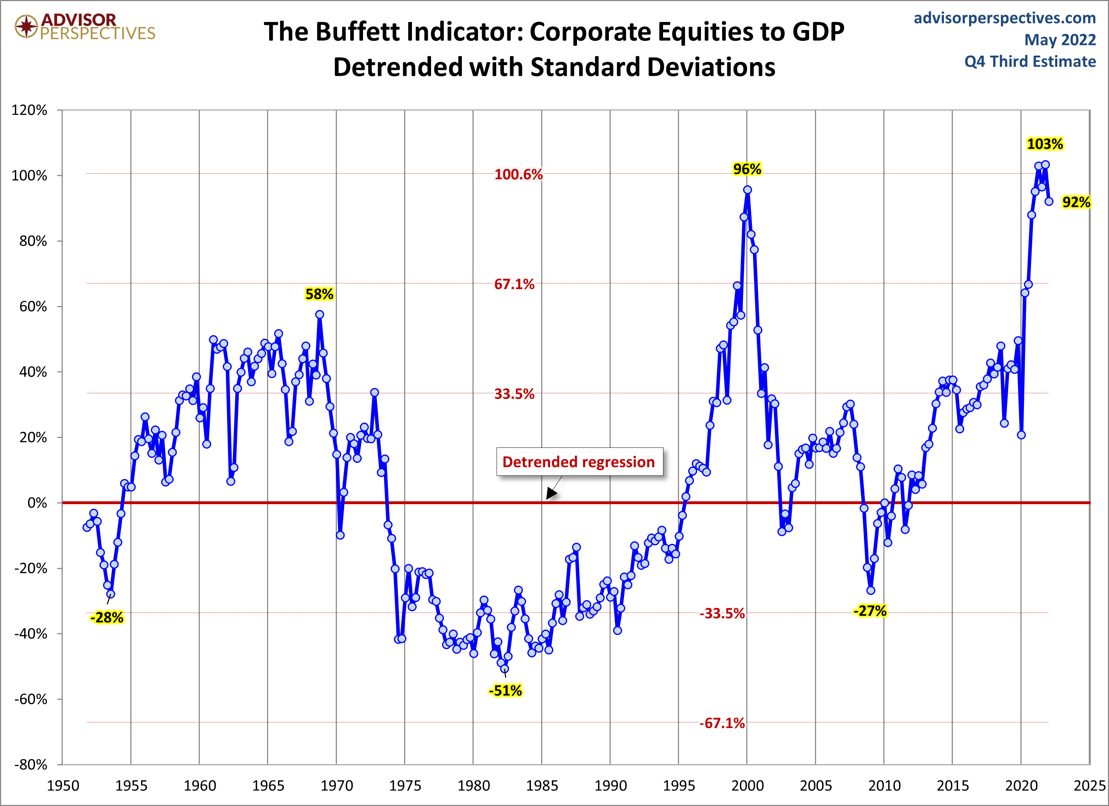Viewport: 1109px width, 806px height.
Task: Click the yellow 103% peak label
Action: click(1045, 144)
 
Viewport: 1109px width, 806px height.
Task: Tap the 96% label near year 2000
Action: click(747, 169)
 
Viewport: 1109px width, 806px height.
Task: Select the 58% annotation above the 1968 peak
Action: click(319, 294)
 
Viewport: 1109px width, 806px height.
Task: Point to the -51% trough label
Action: click(505, 691)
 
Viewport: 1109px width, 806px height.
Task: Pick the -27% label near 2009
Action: click(870, 611)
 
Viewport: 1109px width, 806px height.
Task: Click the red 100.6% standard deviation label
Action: click(518, 175)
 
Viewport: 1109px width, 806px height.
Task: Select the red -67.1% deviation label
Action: click(722, 723)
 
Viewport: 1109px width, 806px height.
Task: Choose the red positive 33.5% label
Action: click(514, 394)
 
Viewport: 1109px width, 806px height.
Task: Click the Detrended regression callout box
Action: click(579, 462)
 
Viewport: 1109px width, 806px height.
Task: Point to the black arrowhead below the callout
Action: click(551, 494)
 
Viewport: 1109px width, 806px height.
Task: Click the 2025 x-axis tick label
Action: click(1089, 785)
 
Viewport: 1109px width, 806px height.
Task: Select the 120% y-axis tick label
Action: click(29, 110)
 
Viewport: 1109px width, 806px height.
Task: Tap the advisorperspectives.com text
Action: click(1005, 18)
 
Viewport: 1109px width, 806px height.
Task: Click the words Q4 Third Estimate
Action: click(1030, 62)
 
